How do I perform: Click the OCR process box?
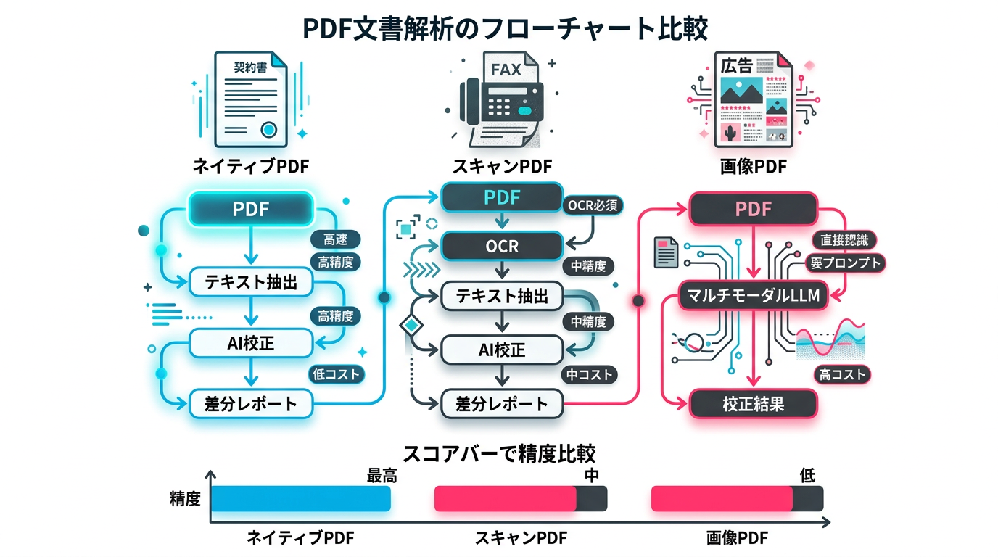point(501,246)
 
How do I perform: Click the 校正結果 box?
point(753,403)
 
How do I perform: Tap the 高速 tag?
point(335,240)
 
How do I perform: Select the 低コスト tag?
point(335,374)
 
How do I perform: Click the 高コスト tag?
point(842,374)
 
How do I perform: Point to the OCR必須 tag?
point(593,205)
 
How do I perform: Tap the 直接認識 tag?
point(844,240)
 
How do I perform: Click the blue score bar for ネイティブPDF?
point(301,499)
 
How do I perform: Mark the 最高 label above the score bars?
point(382,476)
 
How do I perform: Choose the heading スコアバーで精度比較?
point(499,454)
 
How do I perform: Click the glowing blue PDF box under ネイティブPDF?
point(251,209)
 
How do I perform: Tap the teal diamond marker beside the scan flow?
point(411,324)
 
